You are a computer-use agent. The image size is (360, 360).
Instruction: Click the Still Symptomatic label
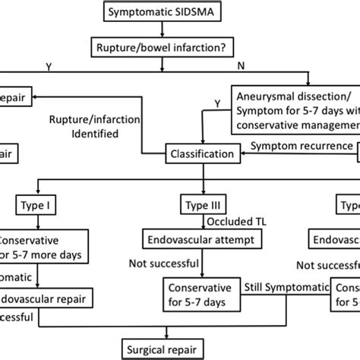click(x=286, y=287)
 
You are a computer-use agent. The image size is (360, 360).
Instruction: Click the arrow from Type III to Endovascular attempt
click(x=201, y=222)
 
